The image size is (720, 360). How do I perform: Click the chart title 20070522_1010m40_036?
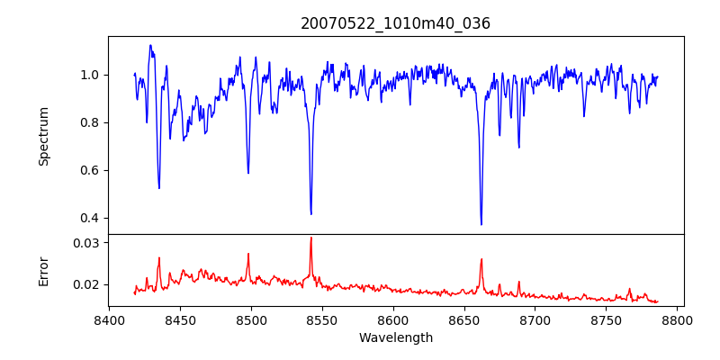[x=395, y=23]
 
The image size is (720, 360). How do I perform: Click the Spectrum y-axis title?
[x=44, y=136]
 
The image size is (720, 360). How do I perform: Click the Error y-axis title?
[x=44, y=271]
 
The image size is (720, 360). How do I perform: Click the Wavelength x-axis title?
[x=396, y=338]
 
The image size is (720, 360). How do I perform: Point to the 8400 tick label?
[x=109, y=320]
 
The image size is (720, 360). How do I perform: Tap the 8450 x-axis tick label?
[x=180, y=320]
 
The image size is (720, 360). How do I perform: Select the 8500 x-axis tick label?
[x=251, y=320]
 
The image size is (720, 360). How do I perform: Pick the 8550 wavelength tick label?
[x=322, y=320]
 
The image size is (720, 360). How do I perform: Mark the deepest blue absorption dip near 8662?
[x=481, y=224]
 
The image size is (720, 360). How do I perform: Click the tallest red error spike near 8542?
[x=311, y=238]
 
